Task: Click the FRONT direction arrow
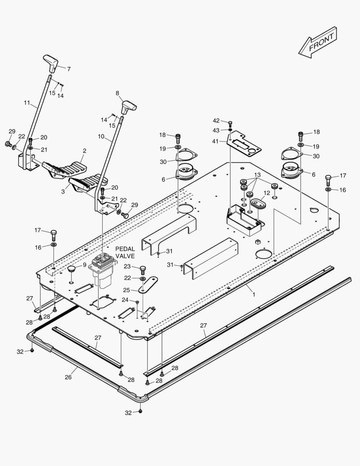click(x=318, y=42)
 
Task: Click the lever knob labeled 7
click(x=51, y=63)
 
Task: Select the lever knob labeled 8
click(x=128, y=106)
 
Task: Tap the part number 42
click(x=216, y=121)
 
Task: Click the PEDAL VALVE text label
click(x=125, y=252)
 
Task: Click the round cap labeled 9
click(x=71, y=270)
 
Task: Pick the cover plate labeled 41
click(x=244, y=145)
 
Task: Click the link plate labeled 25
click(x=148, y=285)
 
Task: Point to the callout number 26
click(x=68, y=377)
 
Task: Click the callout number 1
click(x=254, y=294)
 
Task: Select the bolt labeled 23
click(x=143, y=269)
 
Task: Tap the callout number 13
click(x=257, y=175)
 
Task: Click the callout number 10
click(x=101, y=136)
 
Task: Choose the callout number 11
click(x=27, y=103)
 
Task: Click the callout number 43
click(x=216, y=130)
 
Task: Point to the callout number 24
click(x=125, y=299)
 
